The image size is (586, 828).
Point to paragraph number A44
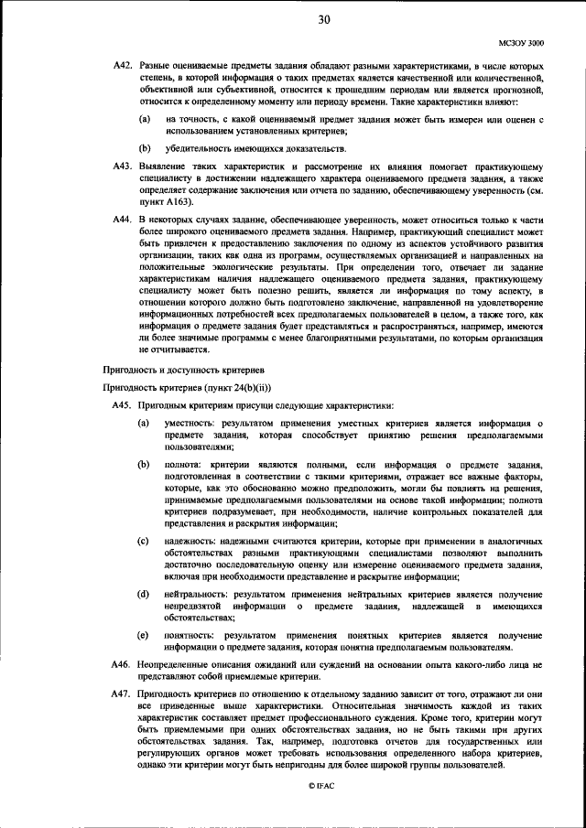click(x=122, y=221)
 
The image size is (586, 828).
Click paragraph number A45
click(x=122, y=404)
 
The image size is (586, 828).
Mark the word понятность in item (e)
click(x=190, y=634)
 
